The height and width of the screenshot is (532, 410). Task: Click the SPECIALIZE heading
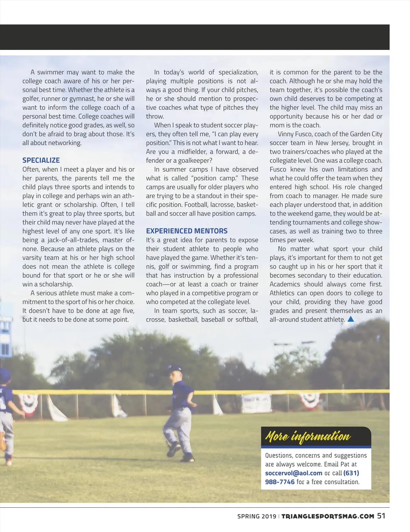tap(41, 160)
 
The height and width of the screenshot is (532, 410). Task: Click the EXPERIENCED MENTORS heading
tap(187, 231)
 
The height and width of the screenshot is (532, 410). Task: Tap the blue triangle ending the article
tap(351, 319)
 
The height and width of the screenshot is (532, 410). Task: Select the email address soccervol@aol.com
tap(293, 473)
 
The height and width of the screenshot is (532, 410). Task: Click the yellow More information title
tap(308, 436)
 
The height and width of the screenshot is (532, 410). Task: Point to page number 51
tap(381, 516)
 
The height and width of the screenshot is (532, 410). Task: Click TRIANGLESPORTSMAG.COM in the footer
tap(328, 516)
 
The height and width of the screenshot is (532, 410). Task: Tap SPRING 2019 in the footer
tap(257, 516)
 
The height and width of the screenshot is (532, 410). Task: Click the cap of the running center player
tap(175, 368)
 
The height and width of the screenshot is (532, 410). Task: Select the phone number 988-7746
tap(279, 482)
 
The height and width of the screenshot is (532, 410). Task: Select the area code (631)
tap(351, 473)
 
